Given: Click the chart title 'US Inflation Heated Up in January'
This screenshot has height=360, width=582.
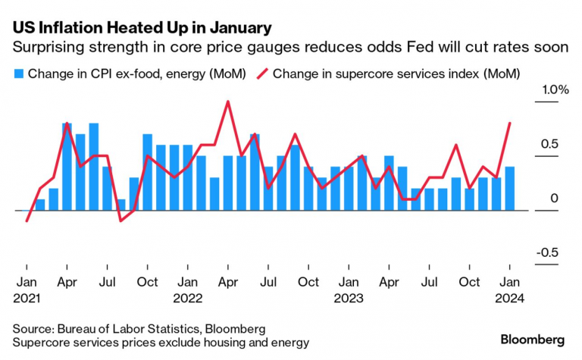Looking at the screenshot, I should point(142,28).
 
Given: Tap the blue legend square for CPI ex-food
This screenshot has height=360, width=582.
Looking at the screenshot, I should point(17,74).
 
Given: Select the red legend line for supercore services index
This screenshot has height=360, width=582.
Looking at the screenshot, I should point(262,74).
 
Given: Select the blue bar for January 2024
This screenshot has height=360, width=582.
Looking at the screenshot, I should point(510,188).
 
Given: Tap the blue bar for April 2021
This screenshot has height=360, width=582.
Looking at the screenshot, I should point(67,167).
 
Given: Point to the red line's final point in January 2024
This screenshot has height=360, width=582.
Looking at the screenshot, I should point(510,123).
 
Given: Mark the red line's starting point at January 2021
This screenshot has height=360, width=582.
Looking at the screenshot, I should point(27,221).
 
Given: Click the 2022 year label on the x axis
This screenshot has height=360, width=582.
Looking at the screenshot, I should point(187,298).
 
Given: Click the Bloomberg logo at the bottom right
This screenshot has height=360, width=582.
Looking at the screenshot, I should point(536,337).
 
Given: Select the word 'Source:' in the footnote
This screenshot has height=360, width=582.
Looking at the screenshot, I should point(33,329).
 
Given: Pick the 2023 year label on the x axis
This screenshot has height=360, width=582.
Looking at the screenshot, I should point(349,298).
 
